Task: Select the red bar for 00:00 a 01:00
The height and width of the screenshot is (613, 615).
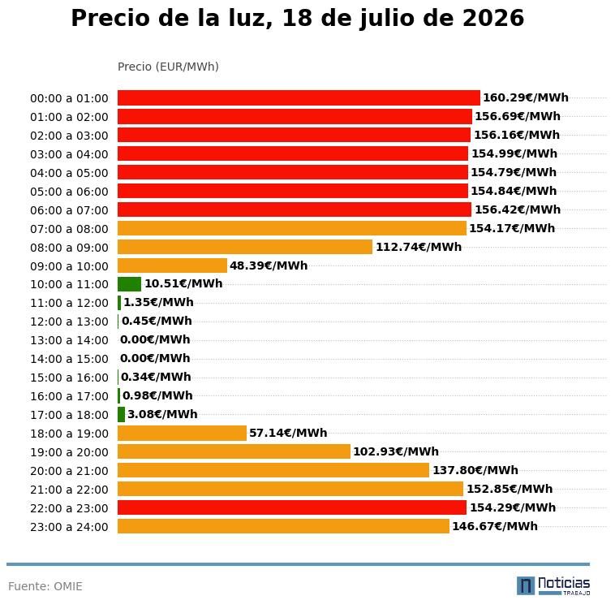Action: pyautogui.click(x=299, y=97)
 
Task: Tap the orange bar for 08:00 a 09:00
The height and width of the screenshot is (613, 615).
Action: pyautogui.click(x=245, y=247)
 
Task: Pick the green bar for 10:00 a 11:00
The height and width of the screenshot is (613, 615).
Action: pyautogui.click(x=129, y=284)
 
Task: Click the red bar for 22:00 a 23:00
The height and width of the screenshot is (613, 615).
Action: pyautogui.click(x=292, y=507)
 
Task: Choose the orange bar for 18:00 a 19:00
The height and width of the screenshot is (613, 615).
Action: pyautogui.click(x=182, y=434)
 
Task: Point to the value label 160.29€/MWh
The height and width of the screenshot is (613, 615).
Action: pyautogui.click(x=526, y=97)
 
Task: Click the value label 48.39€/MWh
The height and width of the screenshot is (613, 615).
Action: pyautogui.click(x=269, y=265)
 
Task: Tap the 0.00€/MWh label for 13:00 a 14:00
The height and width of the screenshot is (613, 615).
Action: pyautogui.click(x=155, y=339)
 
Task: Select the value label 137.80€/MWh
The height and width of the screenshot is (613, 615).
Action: pyautogui.click(x=475, y=470)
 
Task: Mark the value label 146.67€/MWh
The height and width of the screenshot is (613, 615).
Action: pyautogui.click(x=495, y=526)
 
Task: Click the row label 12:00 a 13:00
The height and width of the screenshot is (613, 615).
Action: pyautogui.click(x=69, y=322)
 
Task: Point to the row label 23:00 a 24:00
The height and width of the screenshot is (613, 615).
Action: pyautogui.click(x=69, y=527)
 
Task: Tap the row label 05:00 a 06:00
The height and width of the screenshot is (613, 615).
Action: pyautogui.click(x=69, y=192)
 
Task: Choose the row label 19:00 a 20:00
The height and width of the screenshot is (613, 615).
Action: pyautogui.click(x=69, y=452)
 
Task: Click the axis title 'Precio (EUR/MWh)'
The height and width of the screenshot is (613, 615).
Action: pyautogui.click(x=168, y=67)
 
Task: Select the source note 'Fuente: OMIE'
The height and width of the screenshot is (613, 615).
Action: pyautogui.click(x=45, y=586)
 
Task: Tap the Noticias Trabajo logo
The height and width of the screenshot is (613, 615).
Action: pyautogui.click(x=553, y=586)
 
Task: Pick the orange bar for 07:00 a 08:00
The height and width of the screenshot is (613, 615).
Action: pyautogui.click(x=292, y=228)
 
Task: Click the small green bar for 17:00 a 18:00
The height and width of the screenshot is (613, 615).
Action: pyautogui.click(x=121, y=414)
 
